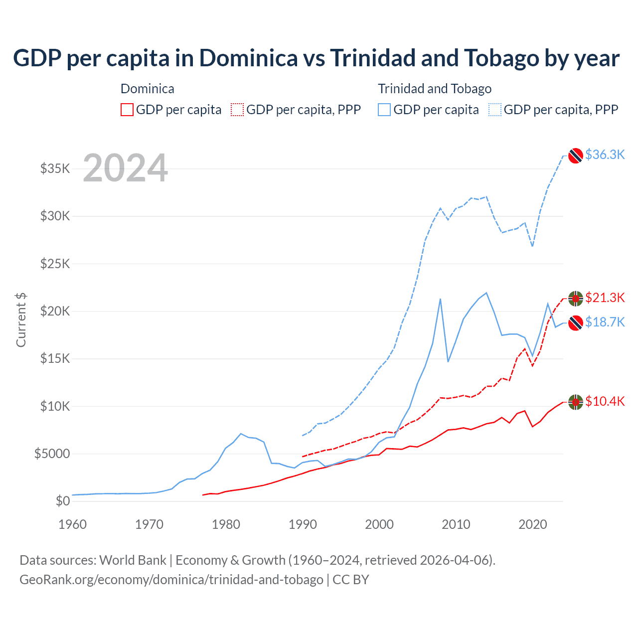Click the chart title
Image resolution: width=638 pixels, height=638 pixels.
click(x=316, y=58)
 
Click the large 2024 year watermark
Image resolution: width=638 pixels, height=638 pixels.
click(x=125, y=168)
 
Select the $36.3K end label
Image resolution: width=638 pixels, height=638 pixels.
click(x=605, y=155)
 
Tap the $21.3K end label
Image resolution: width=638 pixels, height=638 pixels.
click(x=605, y=298)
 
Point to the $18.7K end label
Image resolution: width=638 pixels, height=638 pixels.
click(x=605, y=322)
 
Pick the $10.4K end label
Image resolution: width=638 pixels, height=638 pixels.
click(x=605, y=401)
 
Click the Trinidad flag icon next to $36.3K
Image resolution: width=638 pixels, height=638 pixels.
click(x=576, y=156)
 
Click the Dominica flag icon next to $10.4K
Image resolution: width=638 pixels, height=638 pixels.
click(x=576, y=402)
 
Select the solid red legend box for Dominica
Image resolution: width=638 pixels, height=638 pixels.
click(x=127, y=110)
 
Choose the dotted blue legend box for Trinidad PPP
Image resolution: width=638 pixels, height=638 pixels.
click(x=495, y=110)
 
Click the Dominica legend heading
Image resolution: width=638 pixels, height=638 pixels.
click(x=148, y=89)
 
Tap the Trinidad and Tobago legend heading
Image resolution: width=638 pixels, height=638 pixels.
click(x=435, y=89)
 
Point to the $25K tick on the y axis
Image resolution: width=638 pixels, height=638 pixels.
click(x=55, y=263)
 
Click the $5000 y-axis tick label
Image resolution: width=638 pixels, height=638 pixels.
click(x=52, y=454)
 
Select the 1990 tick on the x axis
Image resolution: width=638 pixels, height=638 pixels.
click(x=303, y=524)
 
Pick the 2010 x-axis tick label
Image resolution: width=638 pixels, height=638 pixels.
click(x=456, y=524)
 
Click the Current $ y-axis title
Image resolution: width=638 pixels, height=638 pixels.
click(x=21, y=320)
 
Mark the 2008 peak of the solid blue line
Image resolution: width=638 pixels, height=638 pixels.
click(x=440, y=299)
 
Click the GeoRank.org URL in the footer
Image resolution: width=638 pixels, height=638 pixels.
click(x=171, y=580)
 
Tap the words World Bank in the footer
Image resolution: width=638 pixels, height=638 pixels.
click(x=133, y=560)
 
